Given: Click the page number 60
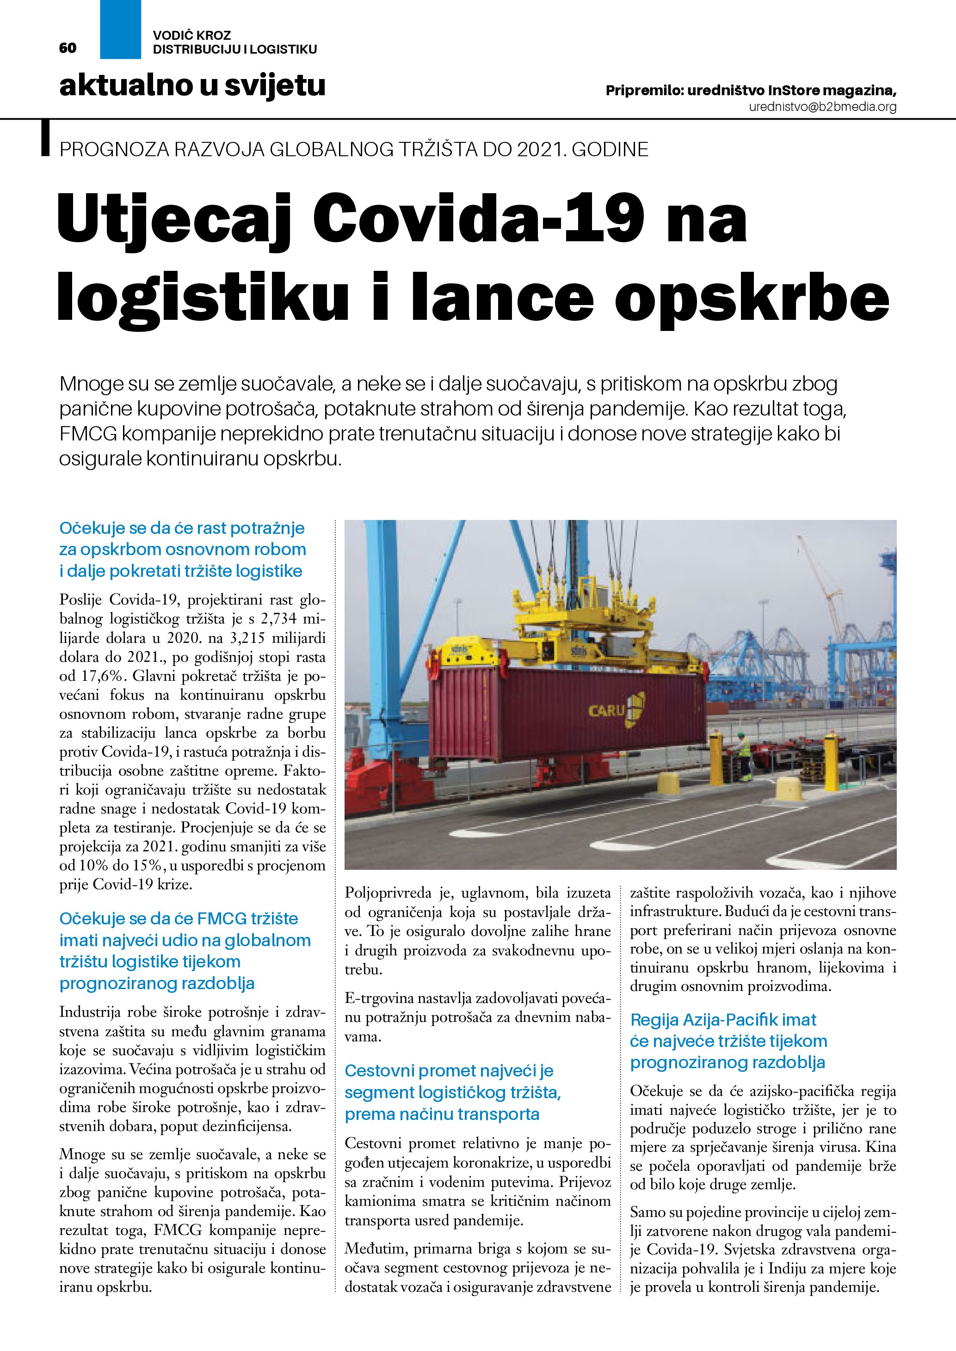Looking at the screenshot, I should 68,48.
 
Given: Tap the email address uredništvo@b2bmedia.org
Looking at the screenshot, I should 822,107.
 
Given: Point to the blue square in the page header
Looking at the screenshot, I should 121,30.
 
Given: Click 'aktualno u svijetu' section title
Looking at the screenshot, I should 192,86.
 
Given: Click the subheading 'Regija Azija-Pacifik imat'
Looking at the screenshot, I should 723,1020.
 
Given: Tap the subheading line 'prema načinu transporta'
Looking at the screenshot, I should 442,1114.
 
